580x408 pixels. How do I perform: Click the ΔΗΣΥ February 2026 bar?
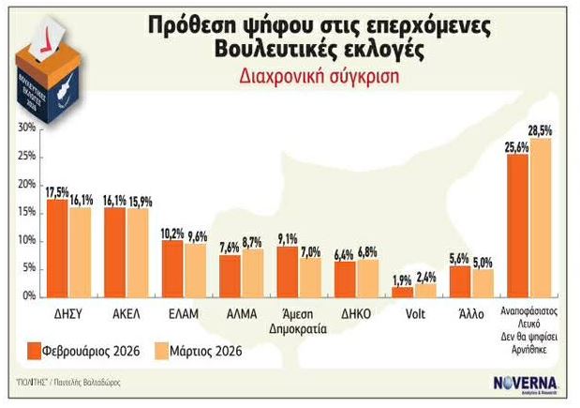[56, 249]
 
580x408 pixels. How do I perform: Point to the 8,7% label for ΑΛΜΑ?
[253, 242]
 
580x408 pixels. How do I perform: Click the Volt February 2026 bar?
[402, 291]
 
